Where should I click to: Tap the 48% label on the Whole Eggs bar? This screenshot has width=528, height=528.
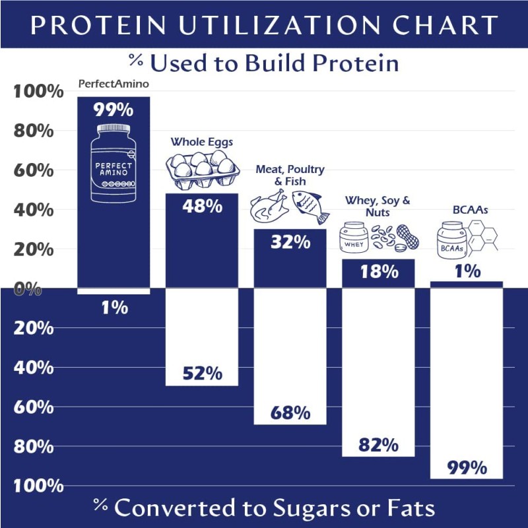(x=203, y=206)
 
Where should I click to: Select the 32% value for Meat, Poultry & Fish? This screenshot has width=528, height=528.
(x=290, y=242)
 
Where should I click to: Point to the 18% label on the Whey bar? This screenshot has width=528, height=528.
(x=378, y=271)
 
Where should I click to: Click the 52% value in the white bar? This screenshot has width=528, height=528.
(x=203, y=373)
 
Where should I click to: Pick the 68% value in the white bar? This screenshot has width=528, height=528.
(x=290, y=412)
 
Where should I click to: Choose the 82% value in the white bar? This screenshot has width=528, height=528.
(x=378, y=445)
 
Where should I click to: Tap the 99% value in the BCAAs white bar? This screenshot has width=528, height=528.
(x=467, y=468)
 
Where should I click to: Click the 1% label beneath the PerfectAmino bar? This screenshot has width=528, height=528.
(x=114, y=307)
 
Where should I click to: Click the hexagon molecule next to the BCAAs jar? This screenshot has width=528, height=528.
(x=484, y=238)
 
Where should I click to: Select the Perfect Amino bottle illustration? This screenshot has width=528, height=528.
(x=114, y=162)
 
